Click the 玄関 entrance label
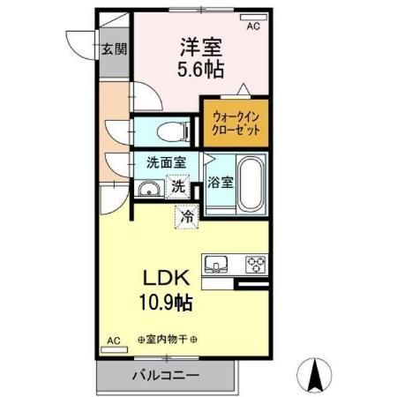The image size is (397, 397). point(112,49)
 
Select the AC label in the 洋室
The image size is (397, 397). point(253,27)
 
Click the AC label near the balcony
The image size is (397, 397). point(113,340)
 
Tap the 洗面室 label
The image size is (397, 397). point(166,163)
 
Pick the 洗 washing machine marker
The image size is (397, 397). point(178,187)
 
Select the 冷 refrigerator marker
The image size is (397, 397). point(187,214)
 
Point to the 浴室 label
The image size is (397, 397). point(221,184)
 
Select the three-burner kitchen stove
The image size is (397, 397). point(255,264)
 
